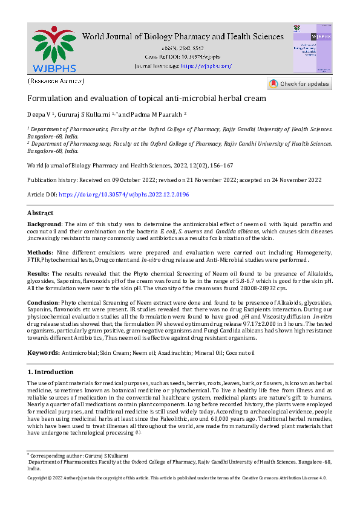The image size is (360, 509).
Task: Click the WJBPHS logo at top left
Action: [x=53, y=48]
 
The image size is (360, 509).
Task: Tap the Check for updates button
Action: [x=299, y=83]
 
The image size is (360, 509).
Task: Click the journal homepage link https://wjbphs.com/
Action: [x=207, y=65]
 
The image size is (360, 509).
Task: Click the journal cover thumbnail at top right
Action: [x=312, y=48]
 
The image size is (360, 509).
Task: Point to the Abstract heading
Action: [x=41, y=213]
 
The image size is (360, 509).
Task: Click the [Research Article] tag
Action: [x=56, y=81]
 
